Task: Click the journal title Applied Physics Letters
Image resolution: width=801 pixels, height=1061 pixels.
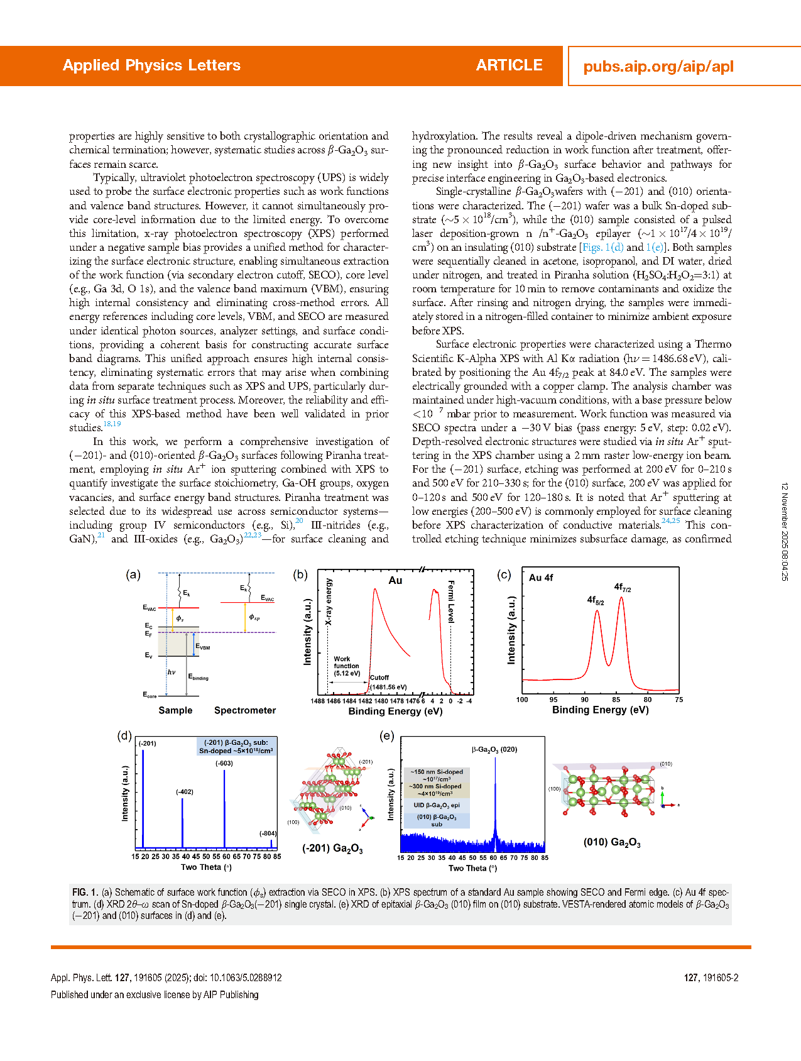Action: coord(151,65)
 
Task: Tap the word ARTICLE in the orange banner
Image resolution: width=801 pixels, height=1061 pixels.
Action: coord(509,65)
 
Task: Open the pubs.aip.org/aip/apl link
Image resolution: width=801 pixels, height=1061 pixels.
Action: coord(658,67)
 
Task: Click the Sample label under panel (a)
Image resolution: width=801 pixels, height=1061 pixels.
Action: coord(175,710)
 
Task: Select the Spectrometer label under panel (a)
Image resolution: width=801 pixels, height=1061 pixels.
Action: coord(245,710)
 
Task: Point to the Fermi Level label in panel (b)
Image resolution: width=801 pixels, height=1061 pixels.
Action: coord(451,602)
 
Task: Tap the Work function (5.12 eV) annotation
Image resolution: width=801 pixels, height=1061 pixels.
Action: coord(347,666)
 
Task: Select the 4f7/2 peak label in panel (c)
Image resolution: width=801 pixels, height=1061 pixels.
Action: coord(622,588)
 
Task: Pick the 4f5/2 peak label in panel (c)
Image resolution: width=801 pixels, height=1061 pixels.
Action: coord(596,600)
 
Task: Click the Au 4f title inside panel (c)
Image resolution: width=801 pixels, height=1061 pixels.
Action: coord(541,578)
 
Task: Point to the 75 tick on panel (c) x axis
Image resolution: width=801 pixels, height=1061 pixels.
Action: coord(678,700)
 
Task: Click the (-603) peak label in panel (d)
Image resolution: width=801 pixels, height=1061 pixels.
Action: coord(224,763)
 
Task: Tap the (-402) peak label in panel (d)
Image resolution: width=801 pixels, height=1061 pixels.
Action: coord(185,792)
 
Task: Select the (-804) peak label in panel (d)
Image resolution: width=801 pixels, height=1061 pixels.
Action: coord(268,833)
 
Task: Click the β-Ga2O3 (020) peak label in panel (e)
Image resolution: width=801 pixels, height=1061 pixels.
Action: coord(494,749)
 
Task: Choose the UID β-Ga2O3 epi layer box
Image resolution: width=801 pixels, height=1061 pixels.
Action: coord(437,805)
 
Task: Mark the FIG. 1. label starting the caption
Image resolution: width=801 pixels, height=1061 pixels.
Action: coord(85,892)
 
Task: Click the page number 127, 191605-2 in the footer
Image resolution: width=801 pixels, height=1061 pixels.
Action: coord(711,978)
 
